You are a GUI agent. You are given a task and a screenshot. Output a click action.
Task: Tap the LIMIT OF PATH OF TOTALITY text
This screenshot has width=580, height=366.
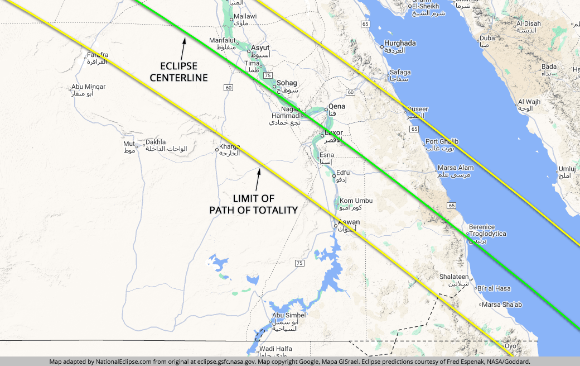(x=253, y=204)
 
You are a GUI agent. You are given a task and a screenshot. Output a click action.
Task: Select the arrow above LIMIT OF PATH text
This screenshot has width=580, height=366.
(x=258, y=178)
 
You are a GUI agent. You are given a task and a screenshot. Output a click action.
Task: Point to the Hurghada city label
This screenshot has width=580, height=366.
(x=400, y=43)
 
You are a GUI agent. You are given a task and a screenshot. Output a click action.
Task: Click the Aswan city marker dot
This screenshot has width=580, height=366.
(x=336, y=226)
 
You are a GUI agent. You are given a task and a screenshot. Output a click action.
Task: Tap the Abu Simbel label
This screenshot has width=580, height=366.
(x=289, y=315)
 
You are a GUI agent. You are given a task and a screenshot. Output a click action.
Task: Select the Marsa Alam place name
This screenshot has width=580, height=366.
(x=456, y=168)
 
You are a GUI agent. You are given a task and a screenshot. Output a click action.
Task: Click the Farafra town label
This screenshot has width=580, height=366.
(x=97, y=55)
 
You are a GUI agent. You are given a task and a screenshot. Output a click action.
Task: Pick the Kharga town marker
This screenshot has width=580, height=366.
(x=217, y=150)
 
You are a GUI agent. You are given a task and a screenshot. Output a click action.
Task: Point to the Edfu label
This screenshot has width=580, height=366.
(x=343, y=173)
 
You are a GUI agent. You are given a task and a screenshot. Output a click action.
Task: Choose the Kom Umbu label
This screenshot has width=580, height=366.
(x=356, y=201)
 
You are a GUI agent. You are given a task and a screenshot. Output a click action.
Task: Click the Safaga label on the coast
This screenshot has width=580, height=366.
(x=400, y=72)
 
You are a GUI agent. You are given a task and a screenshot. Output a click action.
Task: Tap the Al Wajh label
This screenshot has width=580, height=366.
(x=529, y=102)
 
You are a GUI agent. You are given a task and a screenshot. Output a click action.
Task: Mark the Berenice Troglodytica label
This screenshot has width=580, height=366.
(x=487, y=230)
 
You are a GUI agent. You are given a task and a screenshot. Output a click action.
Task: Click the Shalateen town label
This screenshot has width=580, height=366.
(x=454, y=277)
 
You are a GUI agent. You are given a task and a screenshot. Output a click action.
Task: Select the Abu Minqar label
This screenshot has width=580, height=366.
(x=88, y=87)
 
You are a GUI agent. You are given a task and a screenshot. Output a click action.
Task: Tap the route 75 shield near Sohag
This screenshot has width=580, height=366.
(x=268, y=75)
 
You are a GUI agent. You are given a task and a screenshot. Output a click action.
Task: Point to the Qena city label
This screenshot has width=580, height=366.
(x=337, y=106)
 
